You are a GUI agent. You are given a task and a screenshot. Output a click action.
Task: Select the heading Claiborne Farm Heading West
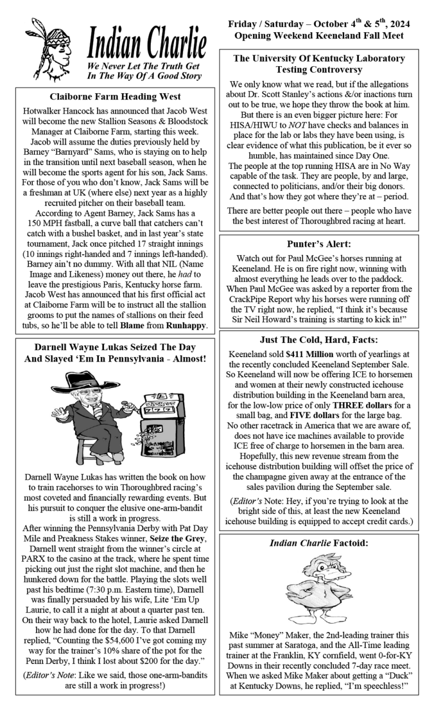point(115,97)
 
